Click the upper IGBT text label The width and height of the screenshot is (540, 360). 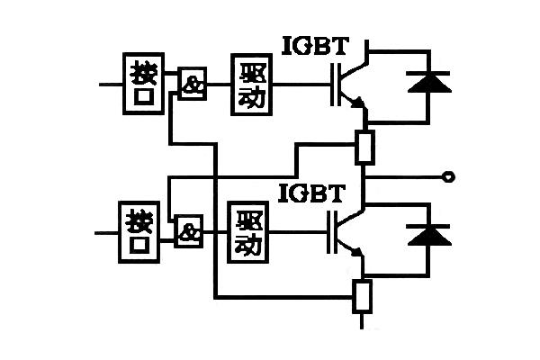coord(316,46)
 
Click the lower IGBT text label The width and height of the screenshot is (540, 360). coord(311,193)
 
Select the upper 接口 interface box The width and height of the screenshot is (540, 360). coord(144,84)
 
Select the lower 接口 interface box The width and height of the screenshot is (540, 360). coord(139,232)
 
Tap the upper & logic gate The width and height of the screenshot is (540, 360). coord(193,84)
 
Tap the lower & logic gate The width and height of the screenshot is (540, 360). coord(188,231)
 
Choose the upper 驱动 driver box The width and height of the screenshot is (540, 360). coord(252,85)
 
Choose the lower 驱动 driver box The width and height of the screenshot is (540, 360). coord(248,232)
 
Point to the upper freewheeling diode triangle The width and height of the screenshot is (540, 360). coord(429,84)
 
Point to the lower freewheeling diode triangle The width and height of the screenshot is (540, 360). coord(429,237)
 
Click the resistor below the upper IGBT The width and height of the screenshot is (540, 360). coord(364,147)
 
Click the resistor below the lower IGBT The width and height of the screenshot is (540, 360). coord(363,297)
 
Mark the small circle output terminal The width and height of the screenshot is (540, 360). coord(448,177)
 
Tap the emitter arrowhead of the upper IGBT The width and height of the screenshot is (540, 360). coord(358,103)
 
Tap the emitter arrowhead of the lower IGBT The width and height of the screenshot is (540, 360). coord(356,252)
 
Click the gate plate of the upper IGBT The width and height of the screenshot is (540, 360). coord(333,85)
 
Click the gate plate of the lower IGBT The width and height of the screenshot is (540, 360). coord(328,232)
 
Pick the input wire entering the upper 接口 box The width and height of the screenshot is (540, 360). coord(111,84)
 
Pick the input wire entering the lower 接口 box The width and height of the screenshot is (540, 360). coord(106,233)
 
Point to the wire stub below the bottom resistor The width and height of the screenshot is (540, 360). coord(362,321)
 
